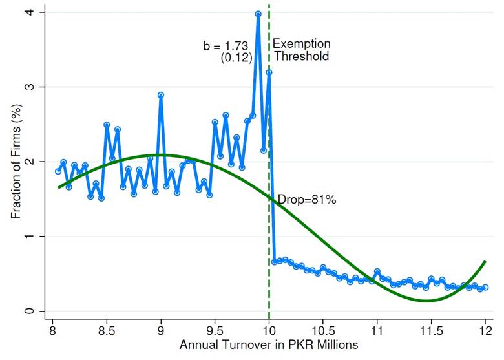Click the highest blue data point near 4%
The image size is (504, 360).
point(258,14)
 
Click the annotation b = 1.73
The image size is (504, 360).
point(226,46)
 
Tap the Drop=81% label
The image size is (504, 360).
point(307,200)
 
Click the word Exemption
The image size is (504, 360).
point(301,44)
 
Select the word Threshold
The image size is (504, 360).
point(300,56)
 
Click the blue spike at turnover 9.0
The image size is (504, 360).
point(160,95)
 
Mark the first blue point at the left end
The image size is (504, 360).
point(58,171)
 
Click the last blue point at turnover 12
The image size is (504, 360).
point(485,287)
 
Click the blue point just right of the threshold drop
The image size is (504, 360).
point(275,261)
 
